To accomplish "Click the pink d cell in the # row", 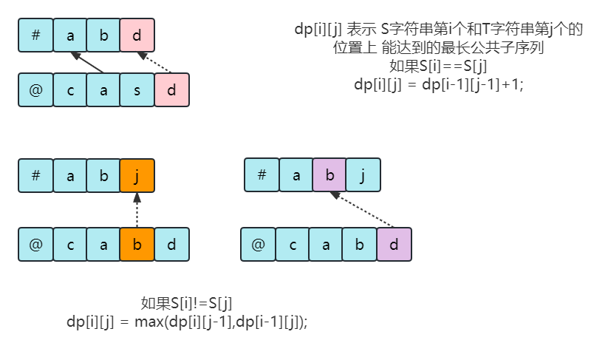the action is pos(137,35).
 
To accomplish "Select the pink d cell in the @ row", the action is pos(171,91).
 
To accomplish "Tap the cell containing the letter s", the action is pos(137,91).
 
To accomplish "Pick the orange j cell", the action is pos(137,176).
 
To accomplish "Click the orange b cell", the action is pos(137,245).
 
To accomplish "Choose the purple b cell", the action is pos(329,175).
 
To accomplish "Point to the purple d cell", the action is pos(393,245).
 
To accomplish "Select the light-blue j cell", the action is pos(363,175).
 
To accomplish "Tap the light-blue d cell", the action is pos(171,245).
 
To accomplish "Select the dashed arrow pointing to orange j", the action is pos(137,210).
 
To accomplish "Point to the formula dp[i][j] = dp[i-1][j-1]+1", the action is pos(439,84).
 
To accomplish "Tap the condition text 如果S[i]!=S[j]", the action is pos(187,303).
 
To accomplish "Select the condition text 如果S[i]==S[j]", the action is pos(439,66).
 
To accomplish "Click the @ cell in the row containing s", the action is pos(35,91).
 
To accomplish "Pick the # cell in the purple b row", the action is pos(262,175).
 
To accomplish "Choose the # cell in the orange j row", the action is pos(35,176).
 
